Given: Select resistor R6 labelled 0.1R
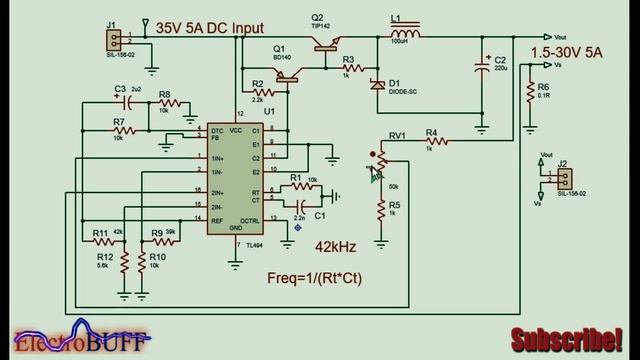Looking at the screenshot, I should point(530,93).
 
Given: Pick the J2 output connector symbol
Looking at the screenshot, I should point(564,177).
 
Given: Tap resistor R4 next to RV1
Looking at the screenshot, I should point(430,143).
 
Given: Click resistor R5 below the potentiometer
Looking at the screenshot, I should point(381,209).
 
